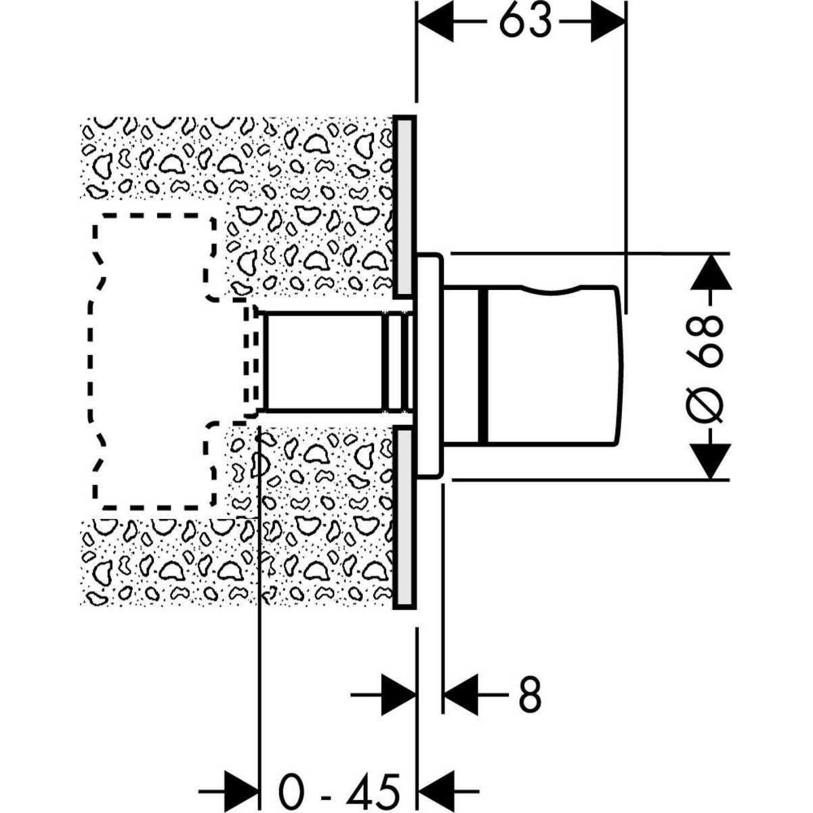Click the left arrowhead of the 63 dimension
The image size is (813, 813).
pyautogui.click(x=436, y=22)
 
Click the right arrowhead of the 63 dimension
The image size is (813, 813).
pyautogui.click(x=608, y=22)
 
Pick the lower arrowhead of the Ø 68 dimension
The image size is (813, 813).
pyautogui.click(x=711, y=461)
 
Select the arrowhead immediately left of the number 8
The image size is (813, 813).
pyautogui.click(x=461, y=694)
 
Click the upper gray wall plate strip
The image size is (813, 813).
pyautogui.click(x=405, y=207)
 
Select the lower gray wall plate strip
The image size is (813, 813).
pyautogui.click(x=405, y=518)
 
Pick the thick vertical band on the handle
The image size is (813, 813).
pyautogui.click(x=483, y=367)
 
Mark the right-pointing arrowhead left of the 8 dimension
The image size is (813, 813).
pyautogui.click(x=398, y=694)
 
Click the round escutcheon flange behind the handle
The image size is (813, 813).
pyautogui.click(x=430, y=365)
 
